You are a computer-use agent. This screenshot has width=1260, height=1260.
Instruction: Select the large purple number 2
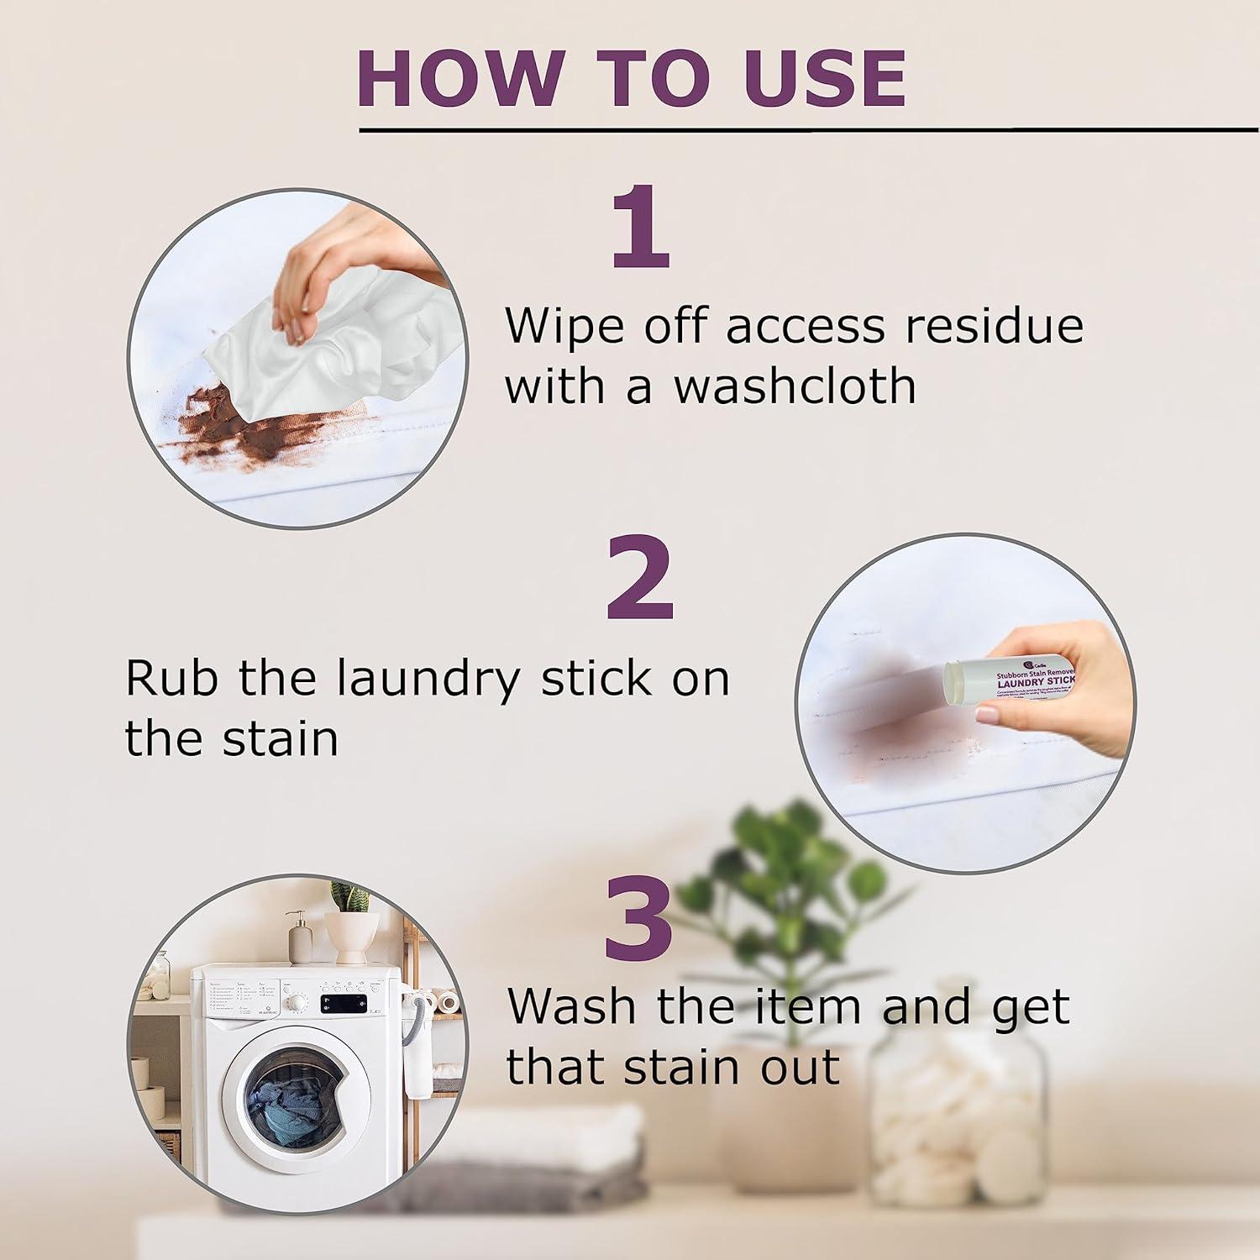click(640, 578)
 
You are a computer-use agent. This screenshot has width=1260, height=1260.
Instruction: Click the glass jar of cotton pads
click(958, 1117)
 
